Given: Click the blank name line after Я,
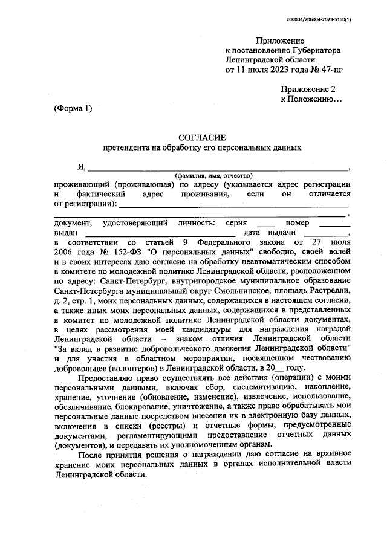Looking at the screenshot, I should [x=218, y=167].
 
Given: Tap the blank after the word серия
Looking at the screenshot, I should [x=266, y=224].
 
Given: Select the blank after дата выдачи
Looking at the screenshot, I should [x=325, y=233].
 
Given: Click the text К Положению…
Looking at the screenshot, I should [x=311, y=98].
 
